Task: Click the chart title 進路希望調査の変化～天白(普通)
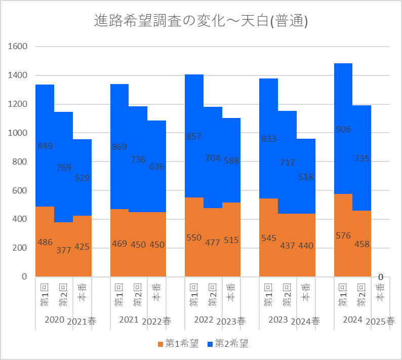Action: pyautogui.click(x=201, y=21)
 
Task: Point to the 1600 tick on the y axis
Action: pyautogui.click(x=17, y=47)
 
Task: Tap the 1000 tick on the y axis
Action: pyautogui.click(x=17, y=133)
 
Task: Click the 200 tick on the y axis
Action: pyautogui.click(x=19, y=248)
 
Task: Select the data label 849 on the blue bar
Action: pyautogui.click(x=45, y=146)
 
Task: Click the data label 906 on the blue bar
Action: pyautogui.click(x=343, y=130)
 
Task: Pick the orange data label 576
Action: pyautogui.click(x=343, y=235)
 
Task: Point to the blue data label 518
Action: pyautogui.click(x=306, y=177)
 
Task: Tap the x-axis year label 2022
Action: pyautogui.click(x=204, y=319)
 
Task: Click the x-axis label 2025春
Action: pyautogui.click(x=380, y=322)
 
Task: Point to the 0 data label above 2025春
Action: pyautogui.click(x=380, y=277)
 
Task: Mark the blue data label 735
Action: pyautogui.click(x=362, y=159)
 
